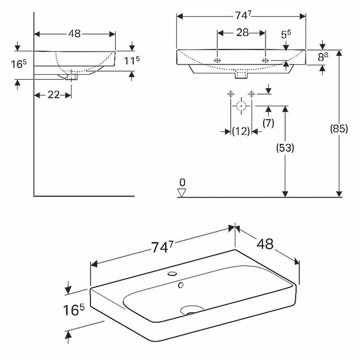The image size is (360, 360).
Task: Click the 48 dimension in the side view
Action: (x=75, y=34)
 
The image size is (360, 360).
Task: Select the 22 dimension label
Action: (x=54, y=95)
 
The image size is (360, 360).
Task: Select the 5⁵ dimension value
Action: (x=286, y=34)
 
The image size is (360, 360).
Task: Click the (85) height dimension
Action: (x=339, y=128)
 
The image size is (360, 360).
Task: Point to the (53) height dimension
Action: (x=285, y=147)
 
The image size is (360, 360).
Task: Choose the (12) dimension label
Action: (x=241, y=131)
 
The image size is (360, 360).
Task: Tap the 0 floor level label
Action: (x=182, y=182)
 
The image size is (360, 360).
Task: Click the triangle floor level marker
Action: (x=182, y=192)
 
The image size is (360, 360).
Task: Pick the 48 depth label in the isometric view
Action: (x=265, y=244)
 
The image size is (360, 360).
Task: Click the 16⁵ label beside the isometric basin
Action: (x=74, y=310)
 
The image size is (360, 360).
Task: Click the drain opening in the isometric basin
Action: (x=192, y=310)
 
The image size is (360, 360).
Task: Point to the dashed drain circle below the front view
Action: (x=241, y=106)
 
